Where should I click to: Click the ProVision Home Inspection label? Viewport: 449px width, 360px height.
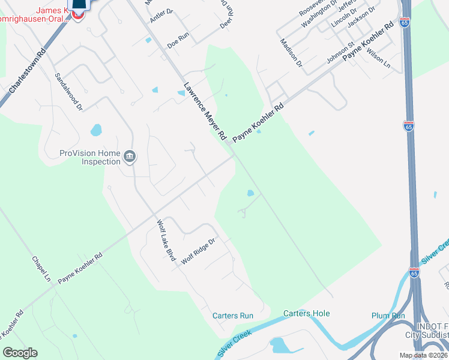click(x=90, y=157)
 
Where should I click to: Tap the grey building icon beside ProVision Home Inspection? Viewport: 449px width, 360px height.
click(x=130, y=158)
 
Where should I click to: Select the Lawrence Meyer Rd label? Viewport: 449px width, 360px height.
click(x=205, y=112)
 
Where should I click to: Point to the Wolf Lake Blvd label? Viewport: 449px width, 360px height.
click(x=165, y=241)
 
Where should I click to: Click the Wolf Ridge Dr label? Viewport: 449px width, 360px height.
click(x=198, y=251)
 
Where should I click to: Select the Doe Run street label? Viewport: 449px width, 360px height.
click(x=178, y=40)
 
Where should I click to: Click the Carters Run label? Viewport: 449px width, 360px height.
click(x=233, y=316)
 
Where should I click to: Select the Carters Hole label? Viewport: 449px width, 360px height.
click(x=306, y=313)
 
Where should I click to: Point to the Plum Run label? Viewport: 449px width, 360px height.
click(x=388, y=316)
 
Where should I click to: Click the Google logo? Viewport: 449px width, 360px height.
click(x=20, y=353)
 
